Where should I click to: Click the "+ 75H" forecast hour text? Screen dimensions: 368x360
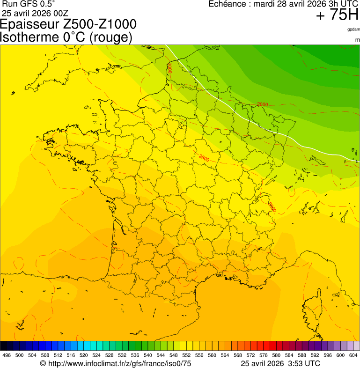coord(337,15)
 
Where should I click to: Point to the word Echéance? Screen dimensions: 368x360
coord(228,4)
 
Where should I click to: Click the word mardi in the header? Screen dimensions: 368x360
coord(265,4)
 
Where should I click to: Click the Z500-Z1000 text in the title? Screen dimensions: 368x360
coord(103,24)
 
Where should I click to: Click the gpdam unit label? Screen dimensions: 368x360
coord(353,29)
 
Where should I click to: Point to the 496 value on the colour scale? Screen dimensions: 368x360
coord(7,355)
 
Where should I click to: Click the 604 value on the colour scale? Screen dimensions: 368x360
coord(353,355)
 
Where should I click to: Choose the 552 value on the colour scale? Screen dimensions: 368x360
coord(187,355)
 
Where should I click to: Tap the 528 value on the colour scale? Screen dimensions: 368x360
coord(110,355)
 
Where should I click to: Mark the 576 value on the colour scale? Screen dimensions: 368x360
coord(264,355)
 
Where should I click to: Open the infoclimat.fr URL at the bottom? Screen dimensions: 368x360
coord(119,363)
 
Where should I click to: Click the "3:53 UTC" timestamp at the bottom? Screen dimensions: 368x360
coord(304,363)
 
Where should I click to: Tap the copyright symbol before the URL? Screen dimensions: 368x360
coord(43,363)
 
